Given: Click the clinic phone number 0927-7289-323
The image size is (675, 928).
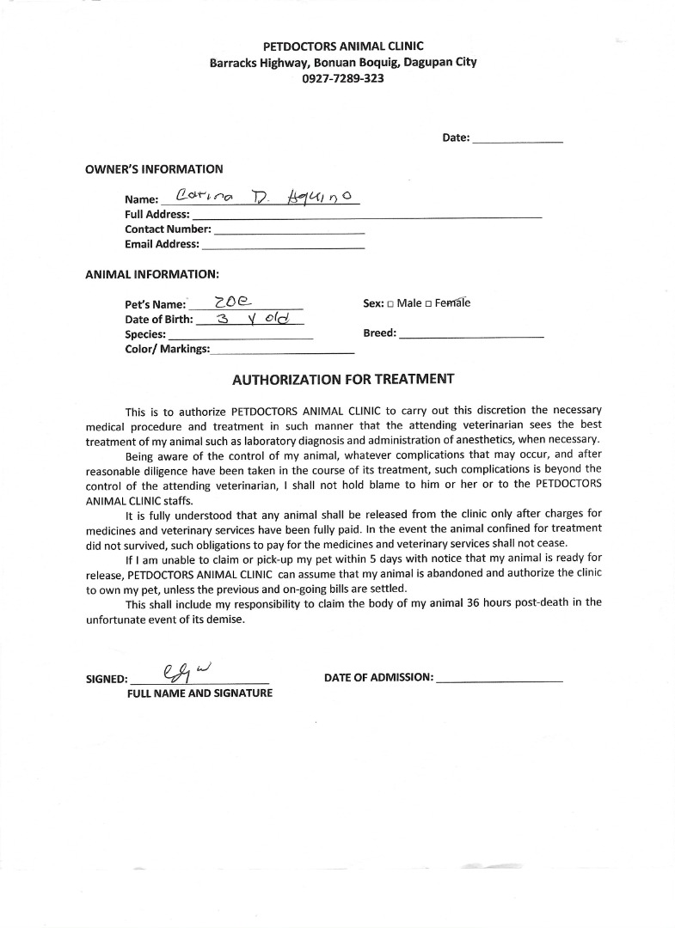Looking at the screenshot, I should (x=343, y=78).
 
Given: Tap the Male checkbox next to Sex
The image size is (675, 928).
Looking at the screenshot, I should (x=390, y=303).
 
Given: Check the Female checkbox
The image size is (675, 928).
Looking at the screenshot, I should (x=428, y=303).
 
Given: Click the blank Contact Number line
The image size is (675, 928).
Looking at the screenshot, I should (x=288, y=231).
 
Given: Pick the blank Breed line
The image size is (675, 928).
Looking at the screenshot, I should (x=471, y=334).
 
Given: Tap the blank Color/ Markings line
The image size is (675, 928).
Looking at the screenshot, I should (x=282, y=351).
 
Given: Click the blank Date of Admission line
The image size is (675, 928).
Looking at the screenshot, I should (x=500, y=679).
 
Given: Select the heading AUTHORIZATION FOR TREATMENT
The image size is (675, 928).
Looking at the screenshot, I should (x=343, y=378).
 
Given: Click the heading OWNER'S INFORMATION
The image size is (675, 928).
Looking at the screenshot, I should (x=154, y=169).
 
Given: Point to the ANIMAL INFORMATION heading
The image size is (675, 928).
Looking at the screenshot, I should (x=152, y=275).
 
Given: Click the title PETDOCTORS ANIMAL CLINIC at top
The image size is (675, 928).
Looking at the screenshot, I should (x=343, y=46).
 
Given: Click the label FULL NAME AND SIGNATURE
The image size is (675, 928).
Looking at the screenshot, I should (x=199, y=693).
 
